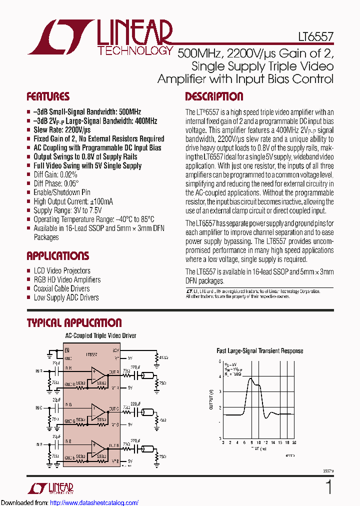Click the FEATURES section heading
(48, 96)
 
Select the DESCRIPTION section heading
(214, 96)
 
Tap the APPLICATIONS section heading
(57, 256)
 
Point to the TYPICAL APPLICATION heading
(74, 323)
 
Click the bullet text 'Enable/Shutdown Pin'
(62, 192)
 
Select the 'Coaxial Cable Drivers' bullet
(61, 288)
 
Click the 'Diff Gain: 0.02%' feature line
(55, 174)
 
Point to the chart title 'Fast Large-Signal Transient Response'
(259, 350)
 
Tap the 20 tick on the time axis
(294, 442)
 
